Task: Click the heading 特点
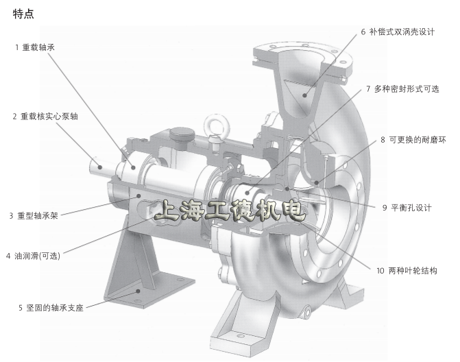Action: [23, 14]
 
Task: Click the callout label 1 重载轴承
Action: [35, 47]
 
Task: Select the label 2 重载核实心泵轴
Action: [45, 117]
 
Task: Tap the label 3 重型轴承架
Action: [34, 216]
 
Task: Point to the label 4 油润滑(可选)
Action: [33, 256]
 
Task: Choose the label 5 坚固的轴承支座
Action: [51, 308]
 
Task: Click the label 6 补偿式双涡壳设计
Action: [398, 32]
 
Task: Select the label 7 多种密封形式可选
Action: [402, 88]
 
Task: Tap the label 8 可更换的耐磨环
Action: [413, 140]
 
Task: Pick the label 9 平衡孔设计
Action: [407, 208]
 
